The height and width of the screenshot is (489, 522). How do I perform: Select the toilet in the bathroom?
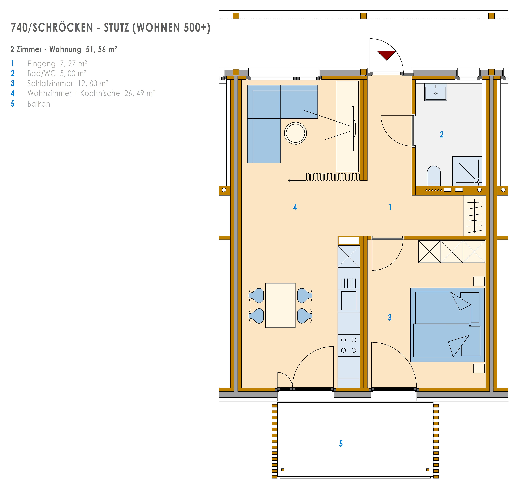click(x=434, y=176)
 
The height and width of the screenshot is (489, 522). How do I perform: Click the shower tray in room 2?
click(x=467, y=171)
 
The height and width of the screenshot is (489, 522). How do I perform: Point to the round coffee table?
click(x=295, y=133)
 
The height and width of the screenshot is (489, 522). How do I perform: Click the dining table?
click(x=280, y=305)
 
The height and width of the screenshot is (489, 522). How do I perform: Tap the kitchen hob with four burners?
click(x=349, y=345)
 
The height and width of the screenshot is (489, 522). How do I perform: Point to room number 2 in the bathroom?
click(x=442, y=135)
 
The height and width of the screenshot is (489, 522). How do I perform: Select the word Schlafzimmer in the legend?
click(x=50, y=83)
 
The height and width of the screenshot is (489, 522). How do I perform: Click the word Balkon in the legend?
click(x=39, y=104)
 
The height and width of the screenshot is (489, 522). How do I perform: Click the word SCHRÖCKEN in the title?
click(x=63, y=28)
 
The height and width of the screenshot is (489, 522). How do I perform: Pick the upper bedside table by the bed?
click(x=479, y=281)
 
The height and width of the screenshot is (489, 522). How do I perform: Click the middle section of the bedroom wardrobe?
click(x=452, y=252)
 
